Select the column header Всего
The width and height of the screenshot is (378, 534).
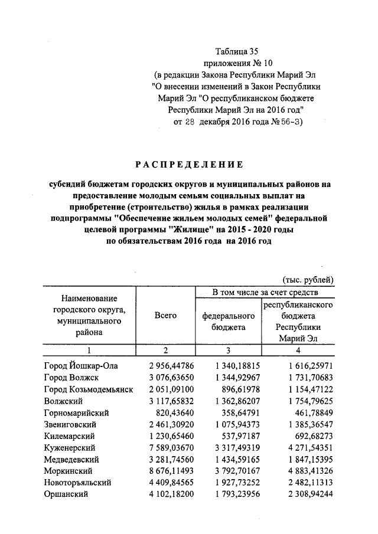click(165, 316)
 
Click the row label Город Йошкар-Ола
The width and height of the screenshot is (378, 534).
click(81, 366)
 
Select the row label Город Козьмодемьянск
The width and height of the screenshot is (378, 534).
click(89, 389)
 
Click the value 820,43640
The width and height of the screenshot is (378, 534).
click(168, 412)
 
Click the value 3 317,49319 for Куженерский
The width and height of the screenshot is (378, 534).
click(234, 447)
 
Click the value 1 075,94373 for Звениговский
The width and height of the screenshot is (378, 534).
click(234, 424)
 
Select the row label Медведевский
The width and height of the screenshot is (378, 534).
click(76, 459)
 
